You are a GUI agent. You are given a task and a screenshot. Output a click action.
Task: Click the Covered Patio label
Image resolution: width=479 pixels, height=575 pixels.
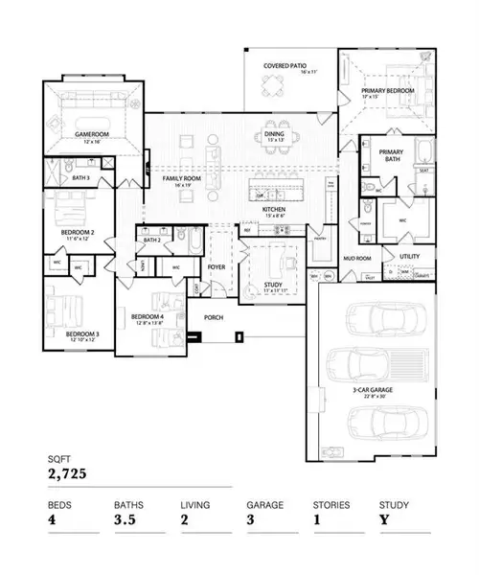pos(284,65)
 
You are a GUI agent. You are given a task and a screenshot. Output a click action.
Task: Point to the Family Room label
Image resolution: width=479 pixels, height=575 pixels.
pos(180,179)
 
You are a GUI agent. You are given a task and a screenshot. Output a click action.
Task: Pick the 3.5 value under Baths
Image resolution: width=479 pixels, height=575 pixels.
pos(126,520)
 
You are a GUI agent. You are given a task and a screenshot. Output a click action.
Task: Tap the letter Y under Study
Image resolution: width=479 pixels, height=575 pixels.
pos(383,520)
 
